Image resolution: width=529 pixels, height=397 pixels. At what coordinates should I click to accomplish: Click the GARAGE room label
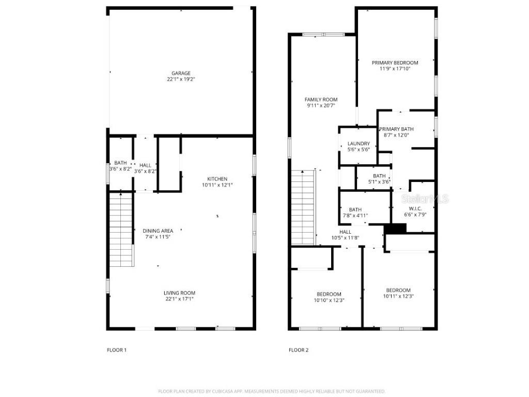coord(181,73)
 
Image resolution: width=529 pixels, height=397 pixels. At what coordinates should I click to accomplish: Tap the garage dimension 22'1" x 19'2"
coord(181,80)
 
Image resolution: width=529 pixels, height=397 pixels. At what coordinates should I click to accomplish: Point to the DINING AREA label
coord(158,231)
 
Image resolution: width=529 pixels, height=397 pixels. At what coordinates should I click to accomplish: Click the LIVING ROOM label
coord(180,293)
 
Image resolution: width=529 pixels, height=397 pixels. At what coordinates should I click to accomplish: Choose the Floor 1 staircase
coord(121,228)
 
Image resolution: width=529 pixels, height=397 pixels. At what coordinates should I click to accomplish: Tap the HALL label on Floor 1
coord(145,165)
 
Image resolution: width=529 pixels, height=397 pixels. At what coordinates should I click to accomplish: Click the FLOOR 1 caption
coord(116,350)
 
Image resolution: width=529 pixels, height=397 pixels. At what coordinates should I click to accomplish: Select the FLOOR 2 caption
coord(298,350)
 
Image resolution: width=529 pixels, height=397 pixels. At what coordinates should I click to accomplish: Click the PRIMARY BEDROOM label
coord(395,63)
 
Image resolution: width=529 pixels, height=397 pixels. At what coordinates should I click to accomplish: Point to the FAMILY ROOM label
coord(321,100)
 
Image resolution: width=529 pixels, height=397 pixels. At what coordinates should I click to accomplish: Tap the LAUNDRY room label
coord(359,144)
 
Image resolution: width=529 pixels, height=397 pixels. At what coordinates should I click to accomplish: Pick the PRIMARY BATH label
coord(396,129)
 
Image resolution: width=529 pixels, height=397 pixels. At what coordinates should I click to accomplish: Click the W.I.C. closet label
coord(415,208)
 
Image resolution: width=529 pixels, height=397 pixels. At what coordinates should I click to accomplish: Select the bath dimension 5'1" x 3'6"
coord(379,182)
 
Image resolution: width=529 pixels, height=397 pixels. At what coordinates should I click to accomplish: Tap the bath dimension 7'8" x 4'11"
coord(355,216)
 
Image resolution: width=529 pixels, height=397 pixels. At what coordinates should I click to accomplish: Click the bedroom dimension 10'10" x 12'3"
coord(329,300)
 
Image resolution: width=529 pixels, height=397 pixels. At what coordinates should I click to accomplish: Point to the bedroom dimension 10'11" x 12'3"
coord(398,296)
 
